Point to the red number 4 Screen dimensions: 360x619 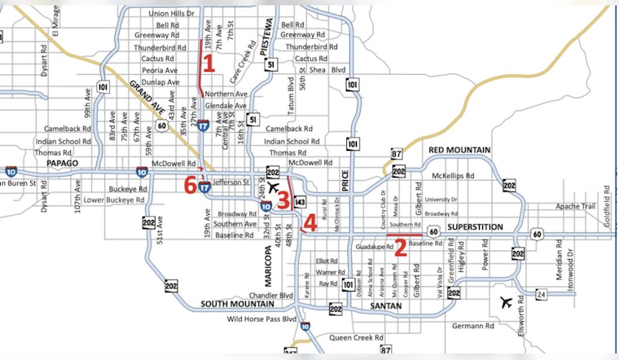tap(309, 222)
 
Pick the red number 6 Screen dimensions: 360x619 tap(191, 186)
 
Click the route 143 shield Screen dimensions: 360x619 tap(301, 201)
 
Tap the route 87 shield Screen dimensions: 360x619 tap(397, 153)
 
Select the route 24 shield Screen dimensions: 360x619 tap(539, 293)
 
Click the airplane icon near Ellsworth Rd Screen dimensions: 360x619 tap(509, 303)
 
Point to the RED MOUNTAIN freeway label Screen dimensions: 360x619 tap(459, 151)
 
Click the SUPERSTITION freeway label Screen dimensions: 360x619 tap(472, 227)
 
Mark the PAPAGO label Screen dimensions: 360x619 tap(61, 163)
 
